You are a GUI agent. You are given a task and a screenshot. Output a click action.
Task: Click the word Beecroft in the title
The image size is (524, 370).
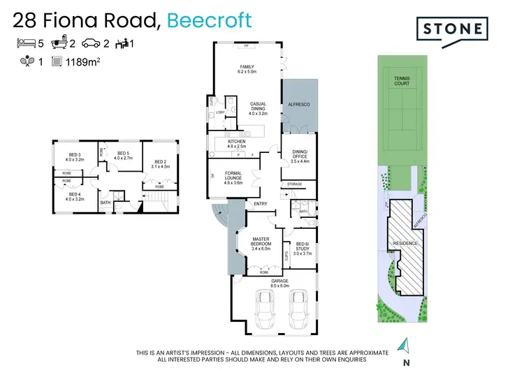208,20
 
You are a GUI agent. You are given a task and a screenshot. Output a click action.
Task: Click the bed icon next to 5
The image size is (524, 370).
27,43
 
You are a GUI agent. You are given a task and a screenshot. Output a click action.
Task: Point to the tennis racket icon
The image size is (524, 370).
27,61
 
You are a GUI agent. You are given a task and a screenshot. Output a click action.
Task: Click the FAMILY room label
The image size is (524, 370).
247,67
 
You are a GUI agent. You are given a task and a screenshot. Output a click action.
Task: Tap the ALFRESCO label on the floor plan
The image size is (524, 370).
299,104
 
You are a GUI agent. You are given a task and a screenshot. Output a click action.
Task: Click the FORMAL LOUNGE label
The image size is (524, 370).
233,177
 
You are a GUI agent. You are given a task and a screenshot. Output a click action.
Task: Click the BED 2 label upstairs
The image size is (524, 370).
161,163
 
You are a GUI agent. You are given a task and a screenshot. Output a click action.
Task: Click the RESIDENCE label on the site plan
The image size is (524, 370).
405,244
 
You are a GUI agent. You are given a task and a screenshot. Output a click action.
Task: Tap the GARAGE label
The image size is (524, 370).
279,281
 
